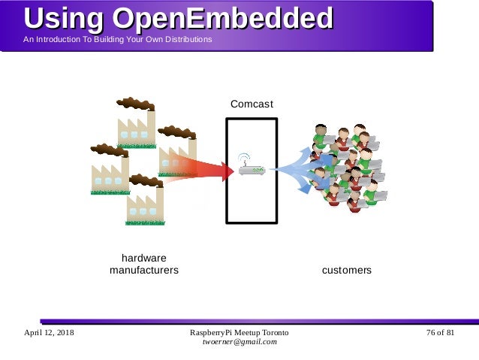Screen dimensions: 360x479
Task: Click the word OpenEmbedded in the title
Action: pyautogui.click(x=223, y=18)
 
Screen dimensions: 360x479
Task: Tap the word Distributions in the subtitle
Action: pyautogui.click(x=186, y=39)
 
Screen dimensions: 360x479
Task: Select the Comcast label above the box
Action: pyautogui.click(x=252, y=104)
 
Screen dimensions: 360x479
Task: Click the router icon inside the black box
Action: pyautogui.click(x=252, y=169)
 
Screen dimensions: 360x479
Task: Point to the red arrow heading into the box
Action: pyautogui.click(x=203, y=170)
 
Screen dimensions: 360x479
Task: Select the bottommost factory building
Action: pyautogui.click(x=145, y=205)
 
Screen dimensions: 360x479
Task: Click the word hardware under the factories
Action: pyautogui.click(x=144, y=258)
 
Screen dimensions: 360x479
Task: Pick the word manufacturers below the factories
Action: pyautogui.click(x=144, y=270)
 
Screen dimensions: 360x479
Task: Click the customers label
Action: pyautogui.click(x=346, y=270)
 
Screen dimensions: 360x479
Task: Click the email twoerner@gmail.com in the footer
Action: pyautogui.click(x=239, y=342)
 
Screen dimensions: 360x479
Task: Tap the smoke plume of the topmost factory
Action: pyautogui.click(x=135, y=103)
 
